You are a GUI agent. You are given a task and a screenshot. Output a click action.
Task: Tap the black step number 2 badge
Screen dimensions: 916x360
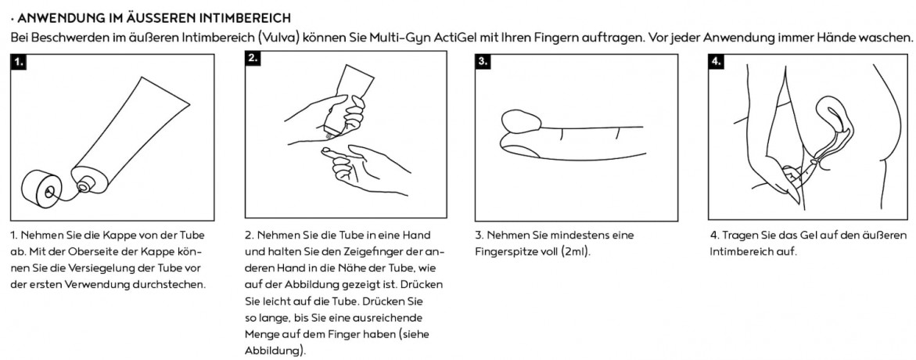tap(253, 58)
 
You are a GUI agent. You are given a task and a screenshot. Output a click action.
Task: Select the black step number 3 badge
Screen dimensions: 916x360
tap(483, 61)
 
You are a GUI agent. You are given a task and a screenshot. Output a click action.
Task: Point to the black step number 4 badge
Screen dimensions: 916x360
tap(717, 61)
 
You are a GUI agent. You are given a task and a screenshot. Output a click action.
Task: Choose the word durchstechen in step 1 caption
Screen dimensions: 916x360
tap(177, 285)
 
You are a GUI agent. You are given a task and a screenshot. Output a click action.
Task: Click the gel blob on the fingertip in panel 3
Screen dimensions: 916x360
tap(523, 121)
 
